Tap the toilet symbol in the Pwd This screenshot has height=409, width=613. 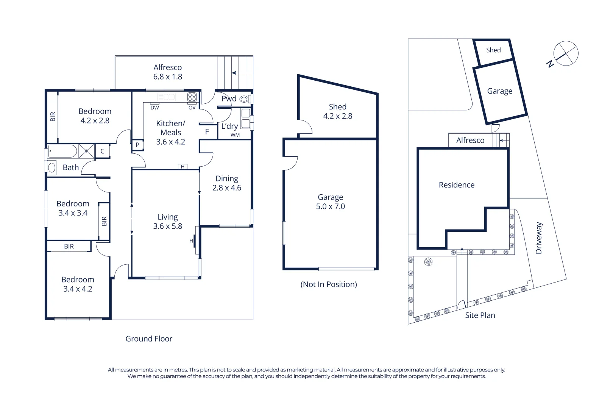244,99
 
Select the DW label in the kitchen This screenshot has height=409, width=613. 154,108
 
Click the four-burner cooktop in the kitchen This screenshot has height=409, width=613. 192,97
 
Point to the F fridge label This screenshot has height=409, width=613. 207,132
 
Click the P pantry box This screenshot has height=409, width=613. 137,145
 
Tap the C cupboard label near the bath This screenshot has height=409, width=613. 102,151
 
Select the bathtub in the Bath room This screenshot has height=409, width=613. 62,151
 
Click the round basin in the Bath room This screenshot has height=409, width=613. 52,167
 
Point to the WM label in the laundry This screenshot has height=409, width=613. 235,135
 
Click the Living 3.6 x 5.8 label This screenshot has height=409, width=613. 168,222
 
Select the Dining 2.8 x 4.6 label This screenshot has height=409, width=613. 226,183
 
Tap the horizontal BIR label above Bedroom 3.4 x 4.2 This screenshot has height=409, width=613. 69,246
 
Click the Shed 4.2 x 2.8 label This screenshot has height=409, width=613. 337,111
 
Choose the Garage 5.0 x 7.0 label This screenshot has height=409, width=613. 330,201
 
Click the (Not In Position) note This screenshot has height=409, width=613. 329,284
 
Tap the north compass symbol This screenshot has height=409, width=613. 565,54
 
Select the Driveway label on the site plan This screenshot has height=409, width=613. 539,238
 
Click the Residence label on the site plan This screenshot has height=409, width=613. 456,185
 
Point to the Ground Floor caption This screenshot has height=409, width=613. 149,339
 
